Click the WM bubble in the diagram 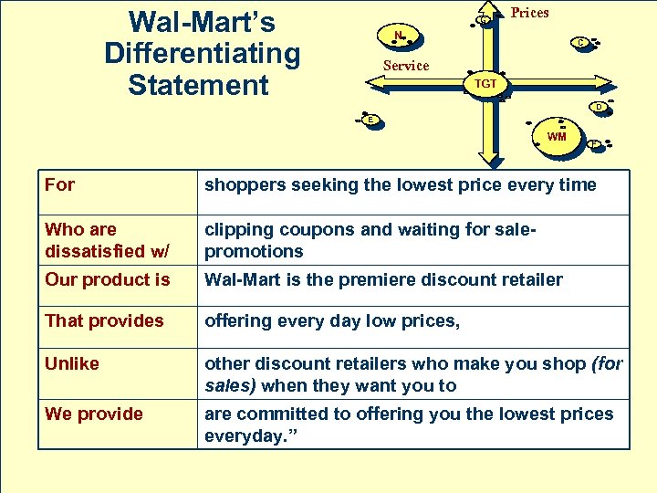[x=557, y=136]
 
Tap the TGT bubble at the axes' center [x=485, y=83]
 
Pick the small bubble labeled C [x=580, y=42]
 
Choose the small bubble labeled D [x=598, y=107]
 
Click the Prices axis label [x=529, y=12]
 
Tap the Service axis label [x=406, y=66]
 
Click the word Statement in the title [x=198, y=85]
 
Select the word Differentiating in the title [x=202, y=53]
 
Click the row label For [x=60, y=184]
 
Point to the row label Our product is [x=108, y=279]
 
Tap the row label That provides [x=104, y=320]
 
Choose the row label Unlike [x=72, y=363]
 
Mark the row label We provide [x=94, y=414]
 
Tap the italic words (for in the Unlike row [x=607, y=363]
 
